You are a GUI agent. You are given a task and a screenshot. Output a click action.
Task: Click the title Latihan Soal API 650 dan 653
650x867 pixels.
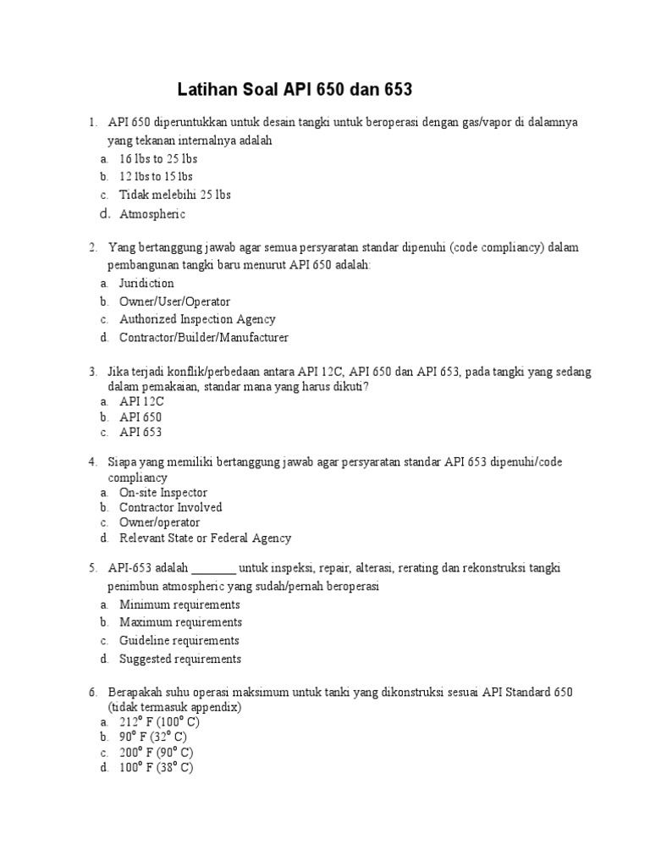tap(296, 90)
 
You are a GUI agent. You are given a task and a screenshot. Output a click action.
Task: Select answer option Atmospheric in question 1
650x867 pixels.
tap(151, 214)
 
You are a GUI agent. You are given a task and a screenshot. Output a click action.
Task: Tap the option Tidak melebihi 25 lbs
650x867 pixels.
tap(174, 195)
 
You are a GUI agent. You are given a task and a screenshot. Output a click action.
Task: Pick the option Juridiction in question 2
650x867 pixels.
tap(146, 284)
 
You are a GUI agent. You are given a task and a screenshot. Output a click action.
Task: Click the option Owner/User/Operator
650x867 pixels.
tap(174, 301)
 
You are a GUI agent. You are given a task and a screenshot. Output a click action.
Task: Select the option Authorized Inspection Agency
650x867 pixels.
tap(197, 320)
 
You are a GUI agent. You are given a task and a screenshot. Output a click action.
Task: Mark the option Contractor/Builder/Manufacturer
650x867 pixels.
tap(203, 338)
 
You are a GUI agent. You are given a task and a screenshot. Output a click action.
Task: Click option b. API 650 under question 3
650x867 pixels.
tap(140, 417)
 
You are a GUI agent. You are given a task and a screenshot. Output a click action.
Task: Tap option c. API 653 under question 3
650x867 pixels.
tap(140, 433)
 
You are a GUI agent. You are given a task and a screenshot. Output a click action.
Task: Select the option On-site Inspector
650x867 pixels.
tap(162, 493)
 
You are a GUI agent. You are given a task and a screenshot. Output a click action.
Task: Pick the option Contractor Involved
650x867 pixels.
tap(170, 508)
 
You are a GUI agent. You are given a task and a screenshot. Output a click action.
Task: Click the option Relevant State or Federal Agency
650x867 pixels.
tap(205, 538)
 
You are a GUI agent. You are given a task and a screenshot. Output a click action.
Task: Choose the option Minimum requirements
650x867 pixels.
tap(179, 605)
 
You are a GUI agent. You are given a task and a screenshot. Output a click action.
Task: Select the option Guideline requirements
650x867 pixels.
tap(179, 641)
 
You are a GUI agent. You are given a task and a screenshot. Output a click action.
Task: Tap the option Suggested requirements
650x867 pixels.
tap(180, 659)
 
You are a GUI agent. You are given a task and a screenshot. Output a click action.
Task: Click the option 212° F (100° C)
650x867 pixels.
tap(159, 722)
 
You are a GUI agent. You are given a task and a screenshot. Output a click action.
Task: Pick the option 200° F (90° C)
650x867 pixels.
tap(156, 753)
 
